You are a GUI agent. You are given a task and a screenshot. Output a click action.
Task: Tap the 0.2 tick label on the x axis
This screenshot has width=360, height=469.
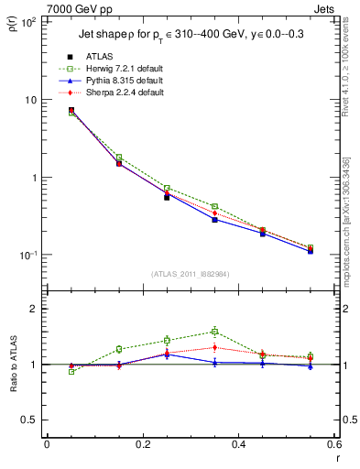click(x=142, y=444)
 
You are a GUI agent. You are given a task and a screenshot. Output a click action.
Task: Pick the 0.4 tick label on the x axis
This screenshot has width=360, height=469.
click(x=238, y=444)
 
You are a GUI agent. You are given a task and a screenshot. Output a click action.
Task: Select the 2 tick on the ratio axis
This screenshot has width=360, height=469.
click(x=33, y=310)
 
